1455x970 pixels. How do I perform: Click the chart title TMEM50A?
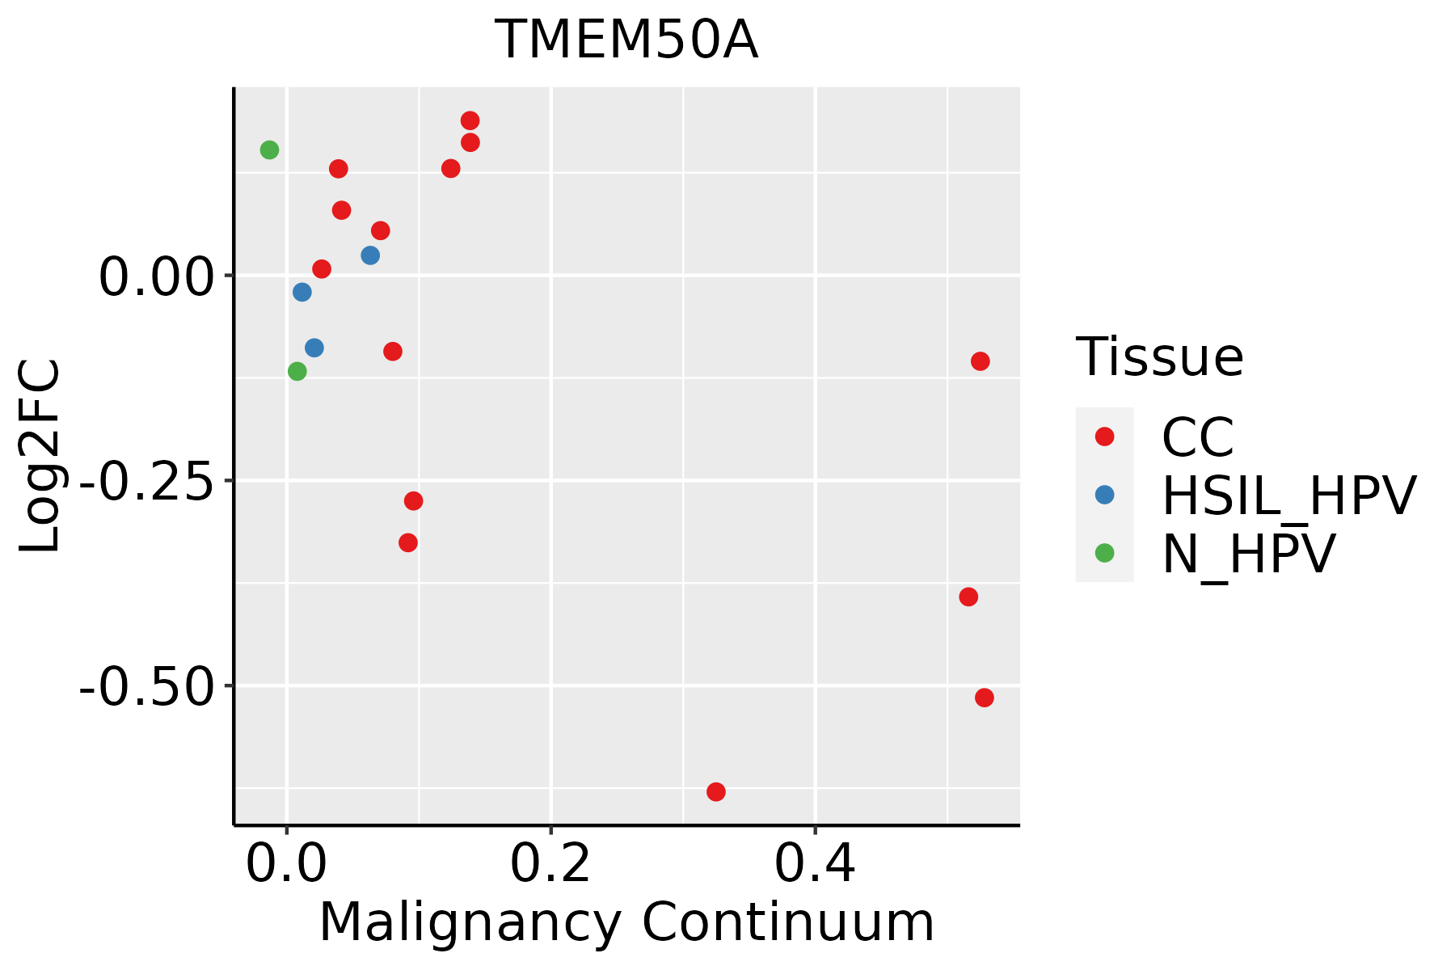626,40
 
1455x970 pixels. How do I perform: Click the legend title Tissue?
1159,357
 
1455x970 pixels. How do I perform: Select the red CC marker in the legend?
1104,436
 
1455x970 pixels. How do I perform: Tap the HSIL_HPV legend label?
1288,496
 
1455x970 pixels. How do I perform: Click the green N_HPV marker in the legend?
1104,553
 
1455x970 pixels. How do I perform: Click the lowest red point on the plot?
716,791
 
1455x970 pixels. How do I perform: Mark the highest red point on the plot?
470,121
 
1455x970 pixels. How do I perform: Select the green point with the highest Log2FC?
270,150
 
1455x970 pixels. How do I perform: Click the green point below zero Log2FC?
297,372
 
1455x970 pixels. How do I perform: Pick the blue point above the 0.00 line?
370,255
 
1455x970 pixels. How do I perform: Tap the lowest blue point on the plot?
314,348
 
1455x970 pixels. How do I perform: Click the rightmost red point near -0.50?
984,698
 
